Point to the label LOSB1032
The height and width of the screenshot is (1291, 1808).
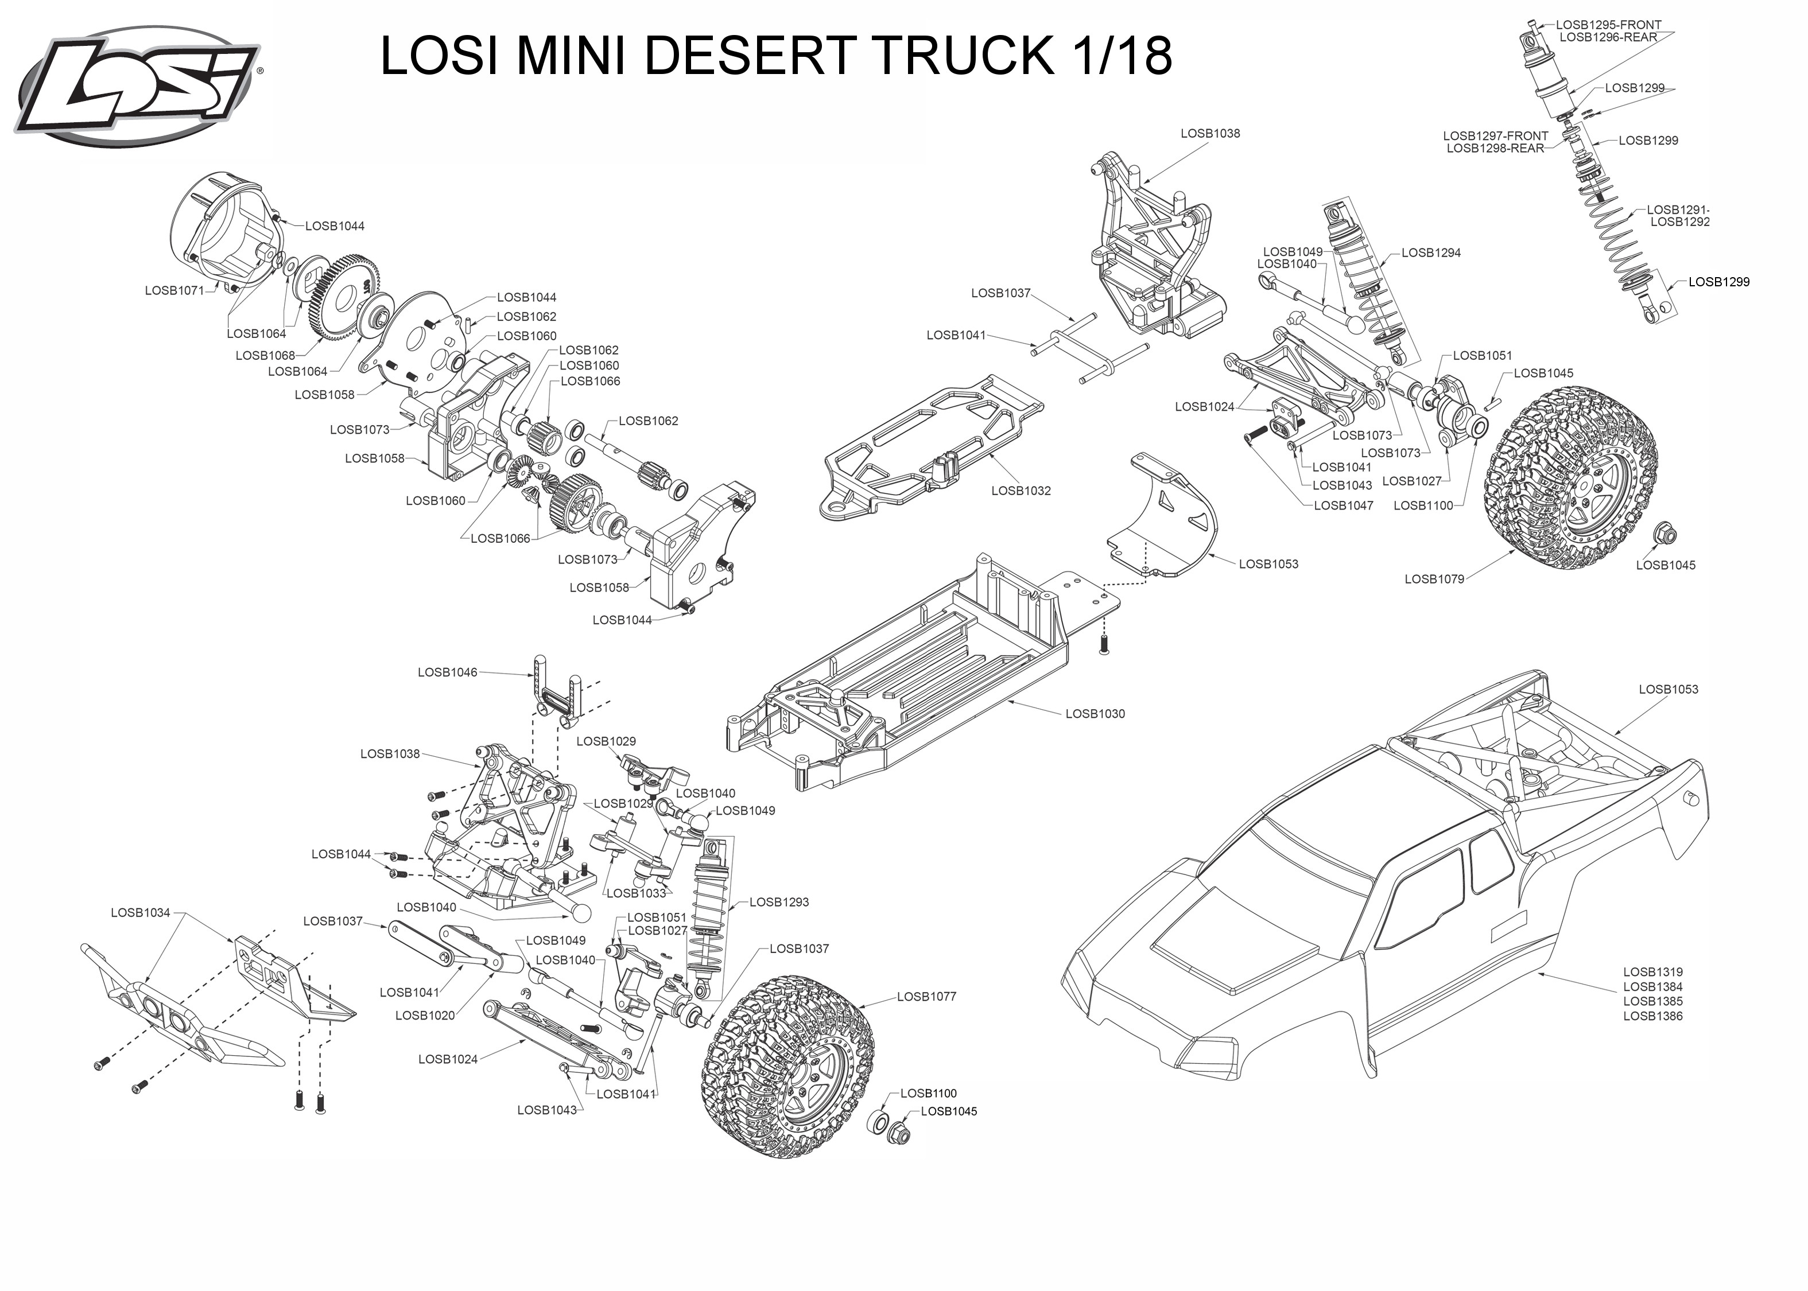tap(1021, 491)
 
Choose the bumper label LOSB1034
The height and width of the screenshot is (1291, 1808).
tap(141, 913)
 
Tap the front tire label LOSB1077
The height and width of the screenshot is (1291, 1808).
tap(927, 997)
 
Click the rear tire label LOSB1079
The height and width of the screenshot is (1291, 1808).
tap(1434, 580)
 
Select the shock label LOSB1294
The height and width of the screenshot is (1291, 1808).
tap(1431, 253)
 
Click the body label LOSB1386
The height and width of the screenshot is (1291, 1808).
tap(1653, 1016)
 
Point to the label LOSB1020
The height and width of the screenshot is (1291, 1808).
tap(425, 1016)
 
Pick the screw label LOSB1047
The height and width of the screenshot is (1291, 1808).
tap(1344, 505)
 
